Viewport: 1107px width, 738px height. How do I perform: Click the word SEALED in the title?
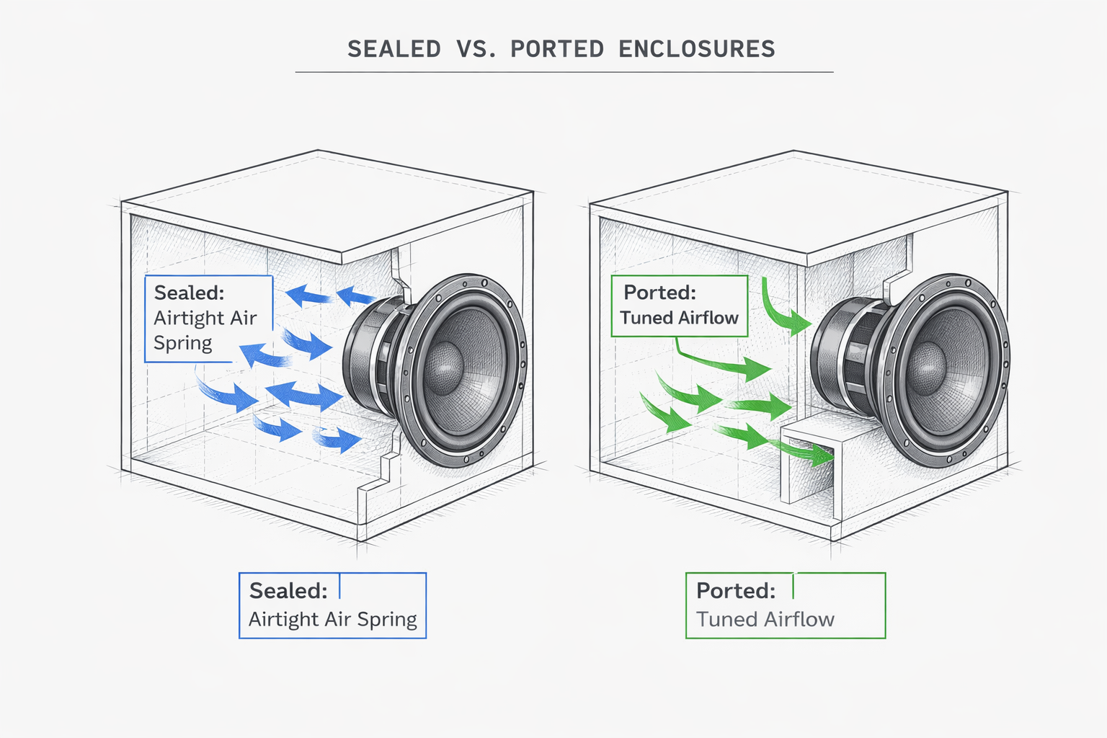pos(394,49)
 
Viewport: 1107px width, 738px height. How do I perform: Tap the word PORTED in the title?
pos(557,49)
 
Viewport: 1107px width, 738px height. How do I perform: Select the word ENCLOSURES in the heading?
pos(696,49)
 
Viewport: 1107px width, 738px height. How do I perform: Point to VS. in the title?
pos(476,49)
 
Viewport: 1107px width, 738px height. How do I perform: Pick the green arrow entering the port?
pos(804,450)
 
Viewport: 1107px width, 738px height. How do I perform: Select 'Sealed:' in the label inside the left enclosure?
pos(189,293)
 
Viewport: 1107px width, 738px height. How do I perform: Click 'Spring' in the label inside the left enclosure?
pos(182,343)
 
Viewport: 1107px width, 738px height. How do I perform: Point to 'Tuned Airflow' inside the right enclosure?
pos(679,318)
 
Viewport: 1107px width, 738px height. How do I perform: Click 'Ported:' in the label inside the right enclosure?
pos(659,293)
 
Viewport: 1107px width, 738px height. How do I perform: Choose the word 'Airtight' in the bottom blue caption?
pos(284,620)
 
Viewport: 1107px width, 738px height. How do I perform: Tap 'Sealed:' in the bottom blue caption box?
pos(288,591)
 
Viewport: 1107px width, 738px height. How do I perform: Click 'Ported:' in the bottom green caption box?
pos(735,591)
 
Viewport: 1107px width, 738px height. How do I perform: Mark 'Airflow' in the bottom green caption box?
pos(799,620)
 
